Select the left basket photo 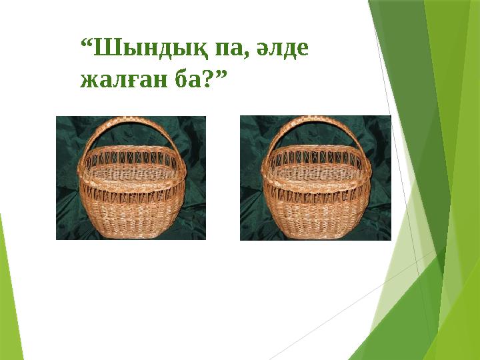(131, 177)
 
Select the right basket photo (315, 177)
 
